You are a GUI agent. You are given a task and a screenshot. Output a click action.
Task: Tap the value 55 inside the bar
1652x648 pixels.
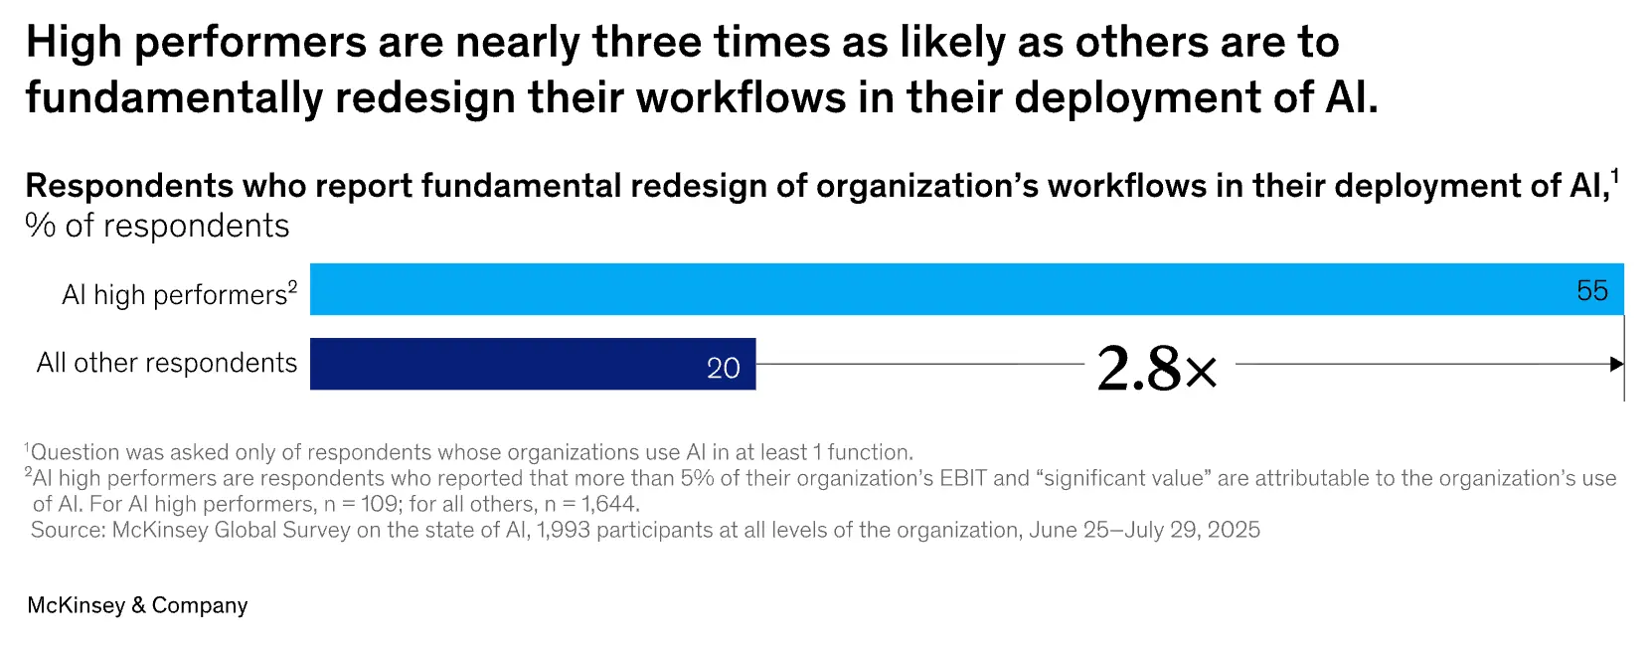point(1591,290)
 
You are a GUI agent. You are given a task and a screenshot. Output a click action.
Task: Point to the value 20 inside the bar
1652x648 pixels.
point(723,369)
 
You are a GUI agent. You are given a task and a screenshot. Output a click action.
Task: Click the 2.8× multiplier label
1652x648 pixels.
point(1157,369)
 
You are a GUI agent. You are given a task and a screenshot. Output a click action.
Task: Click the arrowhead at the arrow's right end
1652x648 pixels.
point(1616,365)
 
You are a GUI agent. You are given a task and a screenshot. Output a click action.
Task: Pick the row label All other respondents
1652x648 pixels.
point(167,363)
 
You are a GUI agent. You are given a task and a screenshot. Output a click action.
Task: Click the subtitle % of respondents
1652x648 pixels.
point(157,227)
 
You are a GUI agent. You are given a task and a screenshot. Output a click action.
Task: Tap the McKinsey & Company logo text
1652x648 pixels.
point(137,605)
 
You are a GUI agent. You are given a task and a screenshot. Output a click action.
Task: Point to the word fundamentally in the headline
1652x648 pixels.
point(174,98)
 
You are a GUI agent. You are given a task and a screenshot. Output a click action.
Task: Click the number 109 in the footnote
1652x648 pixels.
point(379,504)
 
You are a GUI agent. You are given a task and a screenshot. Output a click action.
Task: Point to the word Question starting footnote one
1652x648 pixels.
point(75,452)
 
